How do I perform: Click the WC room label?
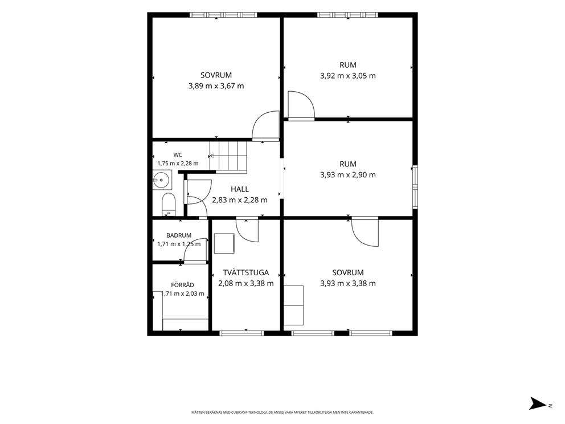(x=178, y=155)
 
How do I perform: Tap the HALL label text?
(x=240, y=189)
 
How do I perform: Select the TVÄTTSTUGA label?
(x=245, y=272)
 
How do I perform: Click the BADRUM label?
(x=179, y=235)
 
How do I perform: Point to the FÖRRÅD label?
(x=182, y=285)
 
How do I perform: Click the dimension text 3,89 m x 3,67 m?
(x=216, y=86)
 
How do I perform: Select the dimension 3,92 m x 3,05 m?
(x=348, y=76)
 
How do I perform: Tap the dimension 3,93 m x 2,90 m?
(x=348, y=175)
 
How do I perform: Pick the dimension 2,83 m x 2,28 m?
(x=240, y=199)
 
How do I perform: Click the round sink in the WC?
(x=161, y=179)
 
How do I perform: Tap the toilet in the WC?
(x=168, y=205)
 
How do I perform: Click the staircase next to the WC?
(x=228, y=157)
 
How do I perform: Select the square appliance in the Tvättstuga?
(x=224, y=243)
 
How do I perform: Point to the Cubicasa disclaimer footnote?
(x=282, y=412)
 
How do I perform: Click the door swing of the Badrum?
(x=196, y=250)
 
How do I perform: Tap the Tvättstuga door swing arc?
(x=247, y=230)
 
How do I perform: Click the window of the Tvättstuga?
(x=241, y=333)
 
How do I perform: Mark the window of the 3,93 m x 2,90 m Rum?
(x=415, y=187)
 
